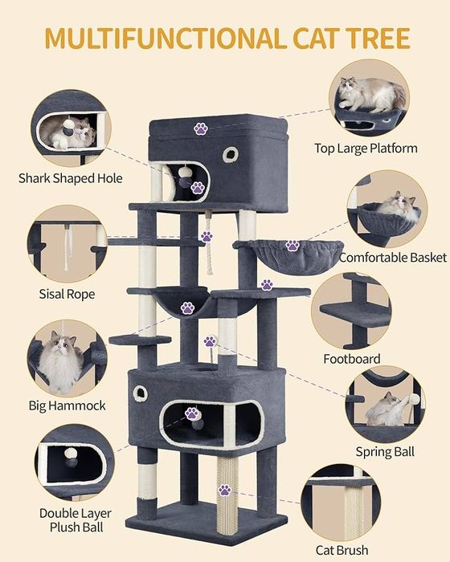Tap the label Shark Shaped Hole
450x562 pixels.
(71, 178)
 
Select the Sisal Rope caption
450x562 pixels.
(67, 294)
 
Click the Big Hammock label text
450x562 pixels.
(67, 405)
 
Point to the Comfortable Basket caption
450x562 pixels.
(393, 258)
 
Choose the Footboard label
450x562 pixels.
(352, 359)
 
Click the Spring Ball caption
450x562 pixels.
(385, 451)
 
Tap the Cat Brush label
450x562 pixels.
(342, 550)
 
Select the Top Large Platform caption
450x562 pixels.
(366, 148)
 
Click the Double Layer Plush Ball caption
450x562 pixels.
(76, 520)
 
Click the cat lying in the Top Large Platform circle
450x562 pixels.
(372, 93)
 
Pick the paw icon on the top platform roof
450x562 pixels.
(201, 128)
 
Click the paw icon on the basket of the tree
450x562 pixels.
(292, 246)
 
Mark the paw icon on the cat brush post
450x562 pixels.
(225, 490)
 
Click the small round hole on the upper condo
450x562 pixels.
(231, 154)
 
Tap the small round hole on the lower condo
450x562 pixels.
(141, 393)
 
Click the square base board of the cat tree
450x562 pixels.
(207, 522)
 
